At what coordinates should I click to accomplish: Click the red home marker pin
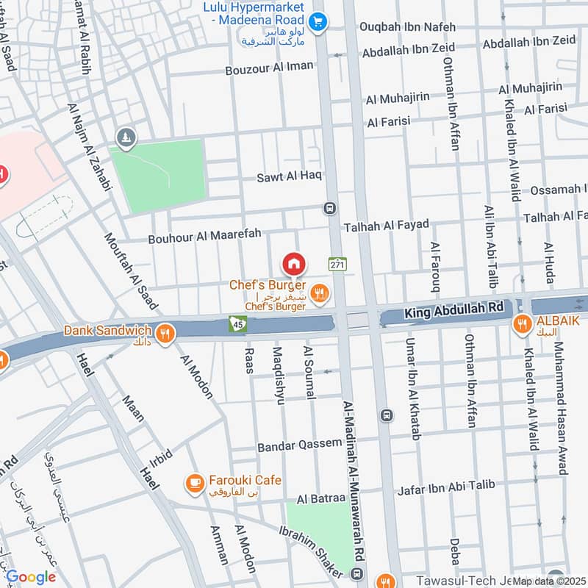coord(293,263)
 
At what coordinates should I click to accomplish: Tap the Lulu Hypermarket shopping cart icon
coord(318,22)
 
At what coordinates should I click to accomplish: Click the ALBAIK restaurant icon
coord(522,323)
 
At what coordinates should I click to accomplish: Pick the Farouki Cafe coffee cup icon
coord(194,482)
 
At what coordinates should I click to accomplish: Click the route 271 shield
coord(337,264)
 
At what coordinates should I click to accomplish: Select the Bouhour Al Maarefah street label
coord(204,238)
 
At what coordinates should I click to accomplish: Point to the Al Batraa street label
coord(320,499)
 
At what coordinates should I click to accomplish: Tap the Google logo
coord(31,577)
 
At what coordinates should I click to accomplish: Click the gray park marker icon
coord(126,137)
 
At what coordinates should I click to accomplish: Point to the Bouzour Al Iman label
coord(269,67)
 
